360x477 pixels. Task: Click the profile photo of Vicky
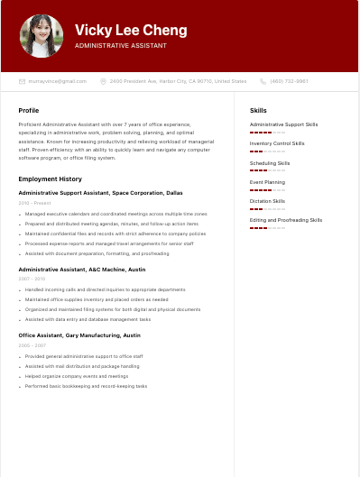click(42, 36)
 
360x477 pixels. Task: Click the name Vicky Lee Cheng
click(131, 30)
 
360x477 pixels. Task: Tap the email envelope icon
click(22, 81)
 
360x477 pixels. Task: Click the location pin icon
click(104, 81)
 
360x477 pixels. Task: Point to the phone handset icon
click(263, 81)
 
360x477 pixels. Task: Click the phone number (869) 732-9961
click(289, 81)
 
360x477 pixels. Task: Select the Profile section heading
click(29, 111)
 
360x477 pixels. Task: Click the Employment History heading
click(51, 179)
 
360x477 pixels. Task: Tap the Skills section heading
click(258, 111)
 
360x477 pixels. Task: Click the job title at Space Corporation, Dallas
click(100, 193)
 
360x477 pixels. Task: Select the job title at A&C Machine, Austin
click(82, 269)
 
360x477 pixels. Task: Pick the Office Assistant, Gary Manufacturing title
click(79, 335)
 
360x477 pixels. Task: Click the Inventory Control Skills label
click(277, 143)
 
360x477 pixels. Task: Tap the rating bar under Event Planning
click(267, 190)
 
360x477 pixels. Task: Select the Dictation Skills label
click(268, 201)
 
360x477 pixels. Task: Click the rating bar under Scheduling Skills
click(267, 170)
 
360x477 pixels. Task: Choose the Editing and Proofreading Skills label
click(286, 220)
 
